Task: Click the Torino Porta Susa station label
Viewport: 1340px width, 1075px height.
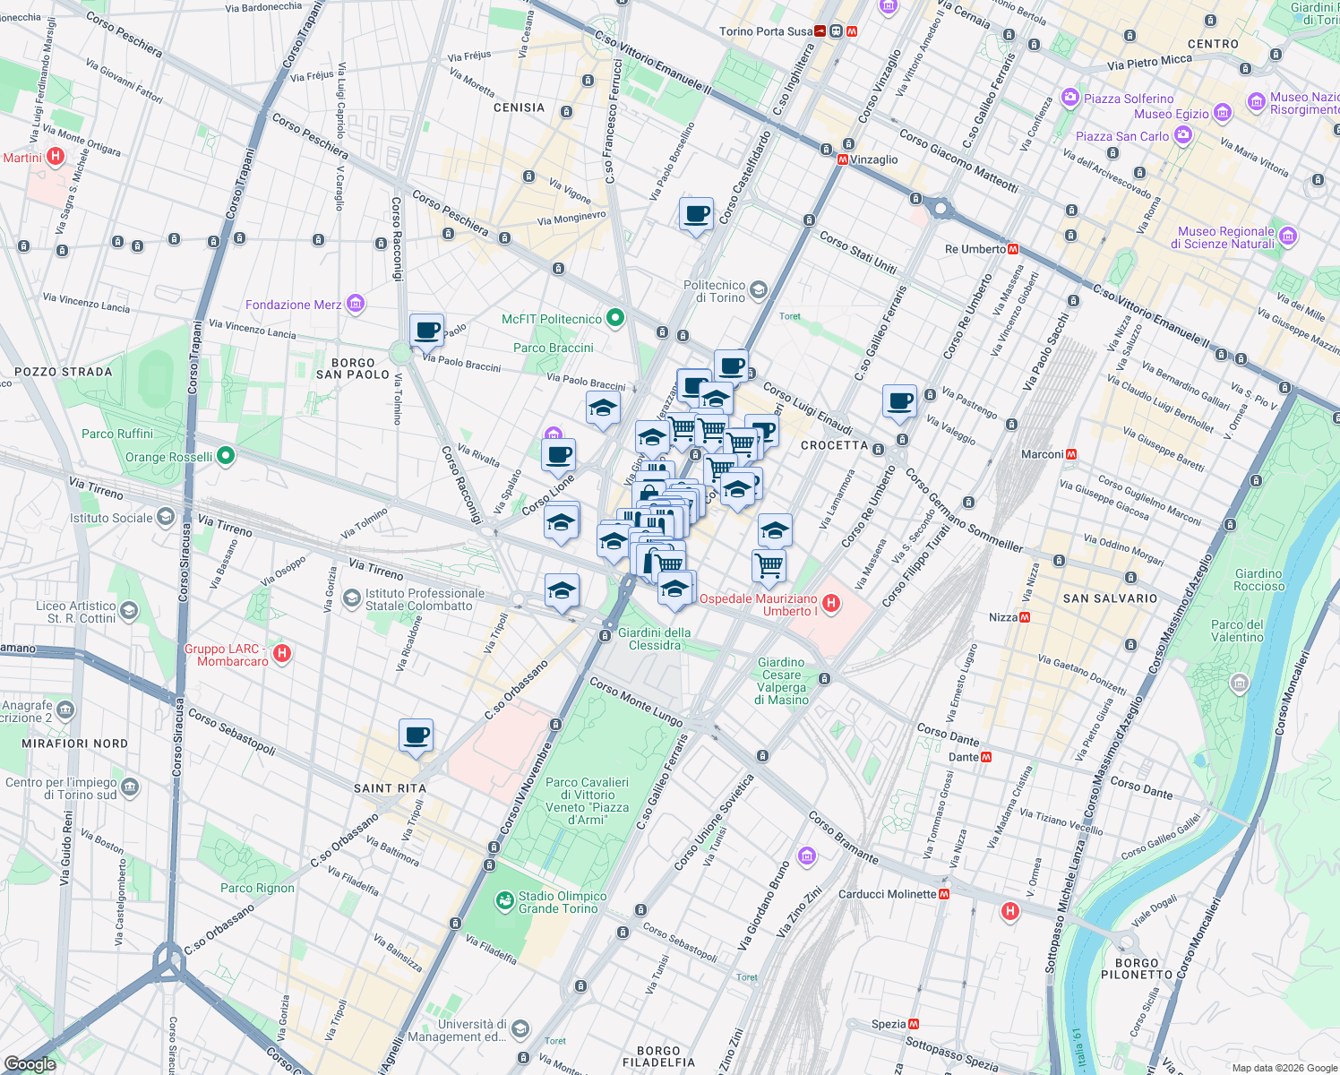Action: click(x=766, y=31)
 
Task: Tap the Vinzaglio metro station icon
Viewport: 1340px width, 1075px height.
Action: click(x=843, y=159)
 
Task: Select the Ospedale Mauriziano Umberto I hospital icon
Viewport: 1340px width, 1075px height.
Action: click(x=831, y=604)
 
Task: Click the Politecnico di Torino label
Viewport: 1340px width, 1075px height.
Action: click(x=714, y=291)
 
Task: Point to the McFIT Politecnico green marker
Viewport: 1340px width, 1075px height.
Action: click(x=615, y=318)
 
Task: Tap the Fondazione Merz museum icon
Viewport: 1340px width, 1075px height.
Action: click(x=356, y=305)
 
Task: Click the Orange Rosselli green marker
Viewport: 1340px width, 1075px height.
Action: click(x=226, y=456)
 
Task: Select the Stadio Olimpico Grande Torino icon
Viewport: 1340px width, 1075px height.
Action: click(x=505, y=899)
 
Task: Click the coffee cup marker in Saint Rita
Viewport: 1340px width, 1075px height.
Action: click(x=416, y=736)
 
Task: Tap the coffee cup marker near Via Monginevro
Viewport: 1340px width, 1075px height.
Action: click(x=696, y=215)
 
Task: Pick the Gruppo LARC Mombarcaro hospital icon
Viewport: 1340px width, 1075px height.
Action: click(x=282, y=653)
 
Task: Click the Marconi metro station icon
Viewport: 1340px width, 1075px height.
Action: click(x=1071, y=454)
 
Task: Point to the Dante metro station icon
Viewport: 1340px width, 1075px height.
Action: click(x=986, y=757)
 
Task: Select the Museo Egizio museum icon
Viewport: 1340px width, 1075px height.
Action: click(x=1223, y=114)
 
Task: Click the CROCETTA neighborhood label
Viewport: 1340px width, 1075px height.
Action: click(x=834, y=445)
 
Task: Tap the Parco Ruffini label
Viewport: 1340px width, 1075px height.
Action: click(x=117, y=434)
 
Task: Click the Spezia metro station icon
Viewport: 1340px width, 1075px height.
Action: click(x=914, y=1024)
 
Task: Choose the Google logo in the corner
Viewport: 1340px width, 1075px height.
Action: click(x=30, y=1063)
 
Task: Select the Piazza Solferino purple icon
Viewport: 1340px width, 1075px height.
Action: click(x=1070, y=98)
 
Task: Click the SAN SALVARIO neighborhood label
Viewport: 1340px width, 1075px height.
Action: click(x=1110, y=598)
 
